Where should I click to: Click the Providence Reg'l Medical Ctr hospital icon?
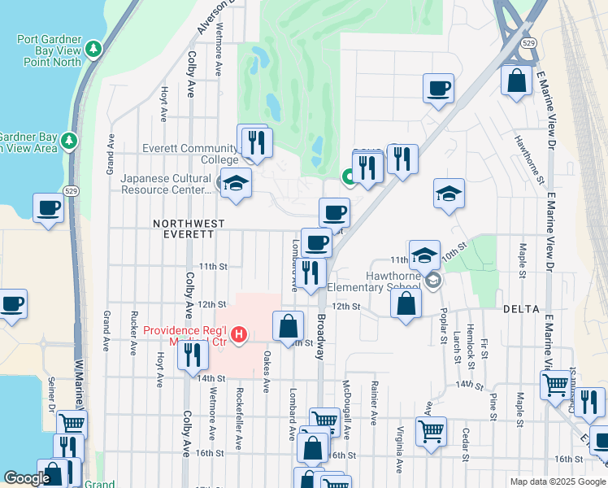tap(239, 333)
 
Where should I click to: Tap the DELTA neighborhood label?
tap(521, 308)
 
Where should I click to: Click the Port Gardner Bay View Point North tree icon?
tap(95, 50)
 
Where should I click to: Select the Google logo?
tap(28, 478)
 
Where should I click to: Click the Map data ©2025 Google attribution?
tap(557, 481)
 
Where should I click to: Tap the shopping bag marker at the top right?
tap(516, 81)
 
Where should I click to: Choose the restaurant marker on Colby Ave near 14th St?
tap(192, 355)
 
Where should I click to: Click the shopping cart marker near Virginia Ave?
tap(431, 429)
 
